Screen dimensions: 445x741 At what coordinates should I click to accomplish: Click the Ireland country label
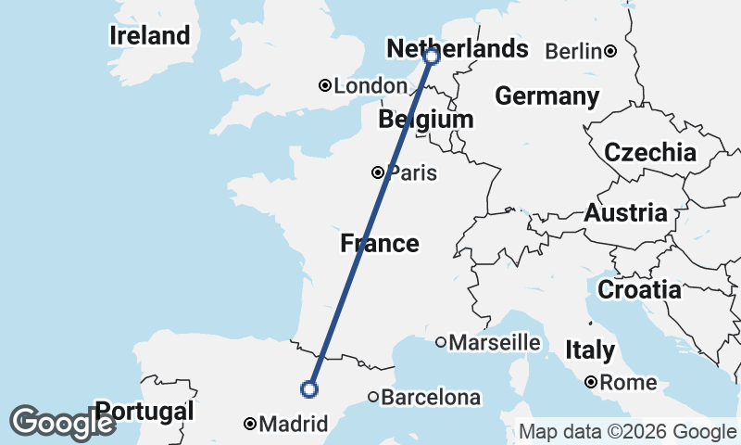(149, 36)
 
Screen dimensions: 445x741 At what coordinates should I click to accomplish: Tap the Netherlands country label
(458, 49)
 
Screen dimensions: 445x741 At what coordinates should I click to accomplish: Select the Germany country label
(547, 96)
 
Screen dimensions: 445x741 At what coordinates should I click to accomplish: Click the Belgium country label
(426, 120)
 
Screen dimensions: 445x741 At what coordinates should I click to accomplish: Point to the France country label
(379, 244)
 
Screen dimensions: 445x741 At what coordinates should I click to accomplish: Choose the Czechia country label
(650, 153)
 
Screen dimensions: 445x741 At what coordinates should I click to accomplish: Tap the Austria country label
(626, 213)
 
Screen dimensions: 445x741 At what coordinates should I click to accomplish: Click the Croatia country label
(639, 290)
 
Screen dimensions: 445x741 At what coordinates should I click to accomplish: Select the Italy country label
(590, 350)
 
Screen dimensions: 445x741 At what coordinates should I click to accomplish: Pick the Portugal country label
(145, 411)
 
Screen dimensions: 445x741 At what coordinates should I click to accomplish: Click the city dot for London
(325, 85)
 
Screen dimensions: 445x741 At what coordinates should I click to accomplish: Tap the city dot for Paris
(378, 172)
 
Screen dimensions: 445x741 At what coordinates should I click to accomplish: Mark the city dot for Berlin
(610, 51)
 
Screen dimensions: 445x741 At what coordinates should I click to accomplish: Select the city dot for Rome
(590, 382)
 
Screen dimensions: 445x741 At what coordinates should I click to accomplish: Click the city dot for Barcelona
(372, 398)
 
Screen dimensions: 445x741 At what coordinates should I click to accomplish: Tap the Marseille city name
(494, 343)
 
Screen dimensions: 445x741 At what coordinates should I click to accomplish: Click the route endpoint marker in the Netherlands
(432, 57)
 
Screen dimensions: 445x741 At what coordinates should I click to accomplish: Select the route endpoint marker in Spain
(310, 389)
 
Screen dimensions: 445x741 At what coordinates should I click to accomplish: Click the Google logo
(62, 423)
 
